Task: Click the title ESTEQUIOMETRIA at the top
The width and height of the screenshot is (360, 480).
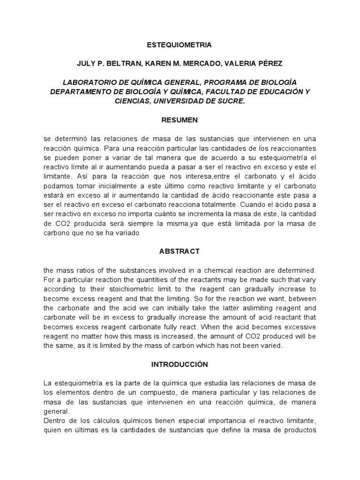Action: pyautogui.click(x=180, y=45)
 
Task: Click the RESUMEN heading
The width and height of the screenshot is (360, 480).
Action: pyautogui.click(x=180, y=120)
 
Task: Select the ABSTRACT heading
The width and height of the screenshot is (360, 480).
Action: pyautogui.click(x=180, y=251)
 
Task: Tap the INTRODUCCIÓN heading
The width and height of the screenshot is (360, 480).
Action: pyautogui.click(x=180, y=364)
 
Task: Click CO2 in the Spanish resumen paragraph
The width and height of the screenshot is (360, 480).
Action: pyautogui.click(x=59, y=224)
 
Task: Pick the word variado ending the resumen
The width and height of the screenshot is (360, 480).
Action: pyautogui.click(x=127, y=232)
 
